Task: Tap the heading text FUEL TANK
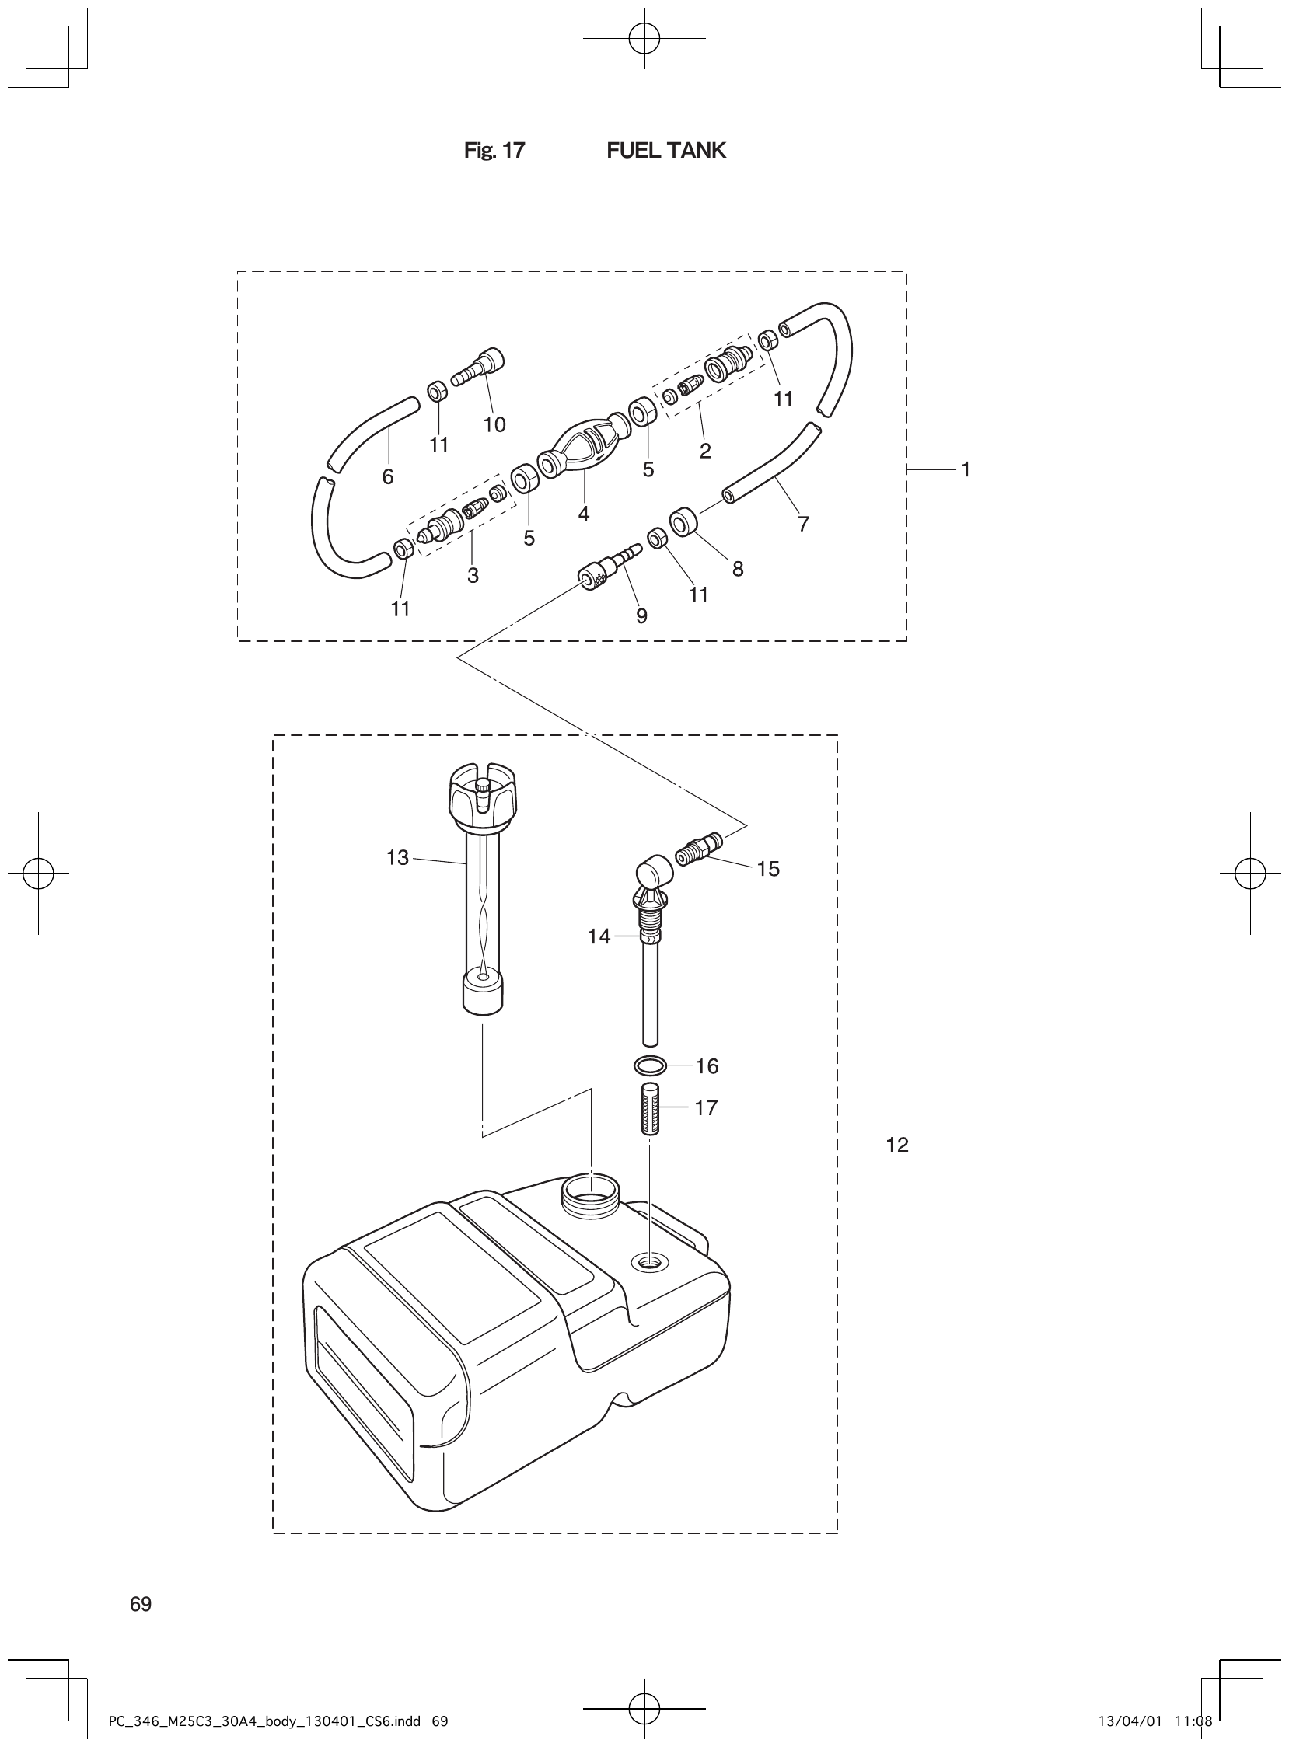point(665,151)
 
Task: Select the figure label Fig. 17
point(494,151)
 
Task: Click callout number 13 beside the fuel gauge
point(397,858)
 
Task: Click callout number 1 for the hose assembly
point(965,469)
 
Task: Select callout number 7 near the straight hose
point(803,524)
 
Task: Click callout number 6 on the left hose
point(388,476)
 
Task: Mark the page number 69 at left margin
point(141,1604)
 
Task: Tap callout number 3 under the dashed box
point(473,576)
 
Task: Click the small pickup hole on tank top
point(649,1261)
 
